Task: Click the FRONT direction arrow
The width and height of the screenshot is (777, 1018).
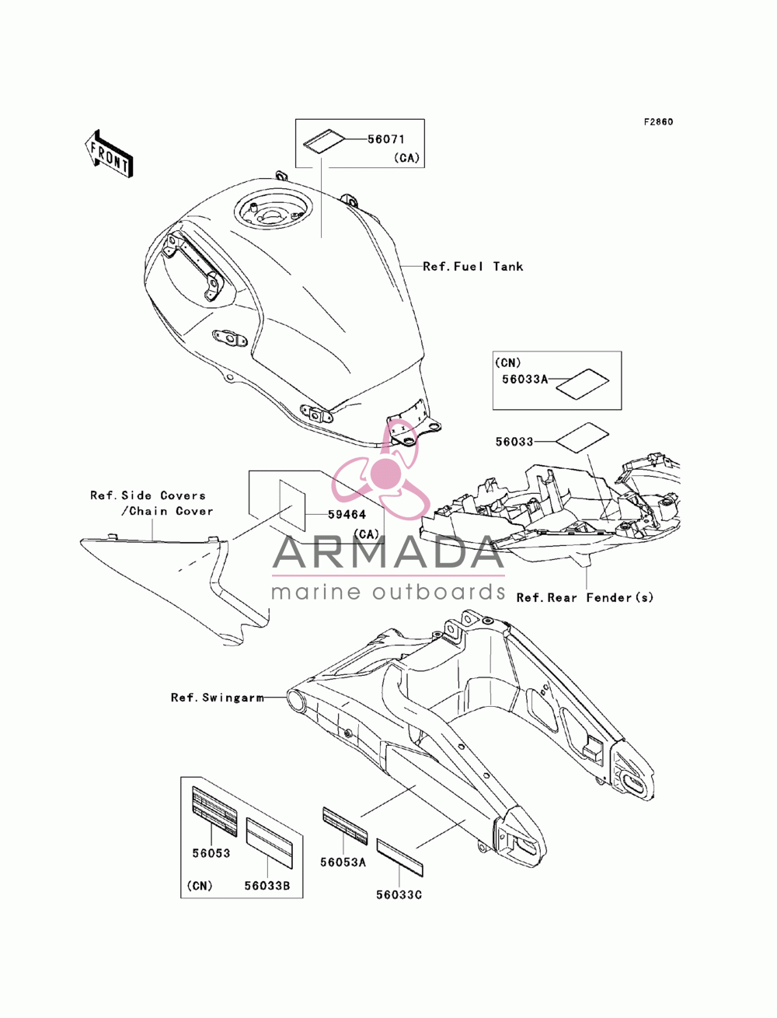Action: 109,153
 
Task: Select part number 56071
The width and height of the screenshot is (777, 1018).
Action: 386,139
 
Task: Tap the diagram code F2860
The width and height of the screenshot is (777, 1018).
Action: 658,122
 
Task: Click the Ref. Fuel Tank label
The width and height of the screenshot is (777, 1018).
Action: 473,267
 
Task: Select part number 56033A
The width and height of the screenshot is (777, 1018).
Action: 525,380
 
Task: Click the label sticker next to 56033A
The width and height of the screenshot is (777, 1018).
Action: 582,383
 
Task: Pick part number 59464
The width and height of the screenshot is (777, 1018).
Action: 347,514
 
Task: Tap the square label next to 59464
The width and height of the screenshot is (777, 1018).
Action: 292,505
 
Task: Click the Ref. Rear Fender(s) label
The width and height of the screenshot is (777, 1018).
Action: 585,598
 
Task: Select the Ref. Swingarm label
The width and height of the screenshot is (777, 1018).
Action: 218,711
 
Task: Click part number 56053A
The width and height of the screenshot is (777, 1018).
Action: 343,862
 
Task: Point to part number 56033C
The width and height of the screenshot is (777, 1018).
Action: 399,894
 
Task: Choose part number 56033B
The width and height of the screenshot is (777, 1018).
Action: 267,885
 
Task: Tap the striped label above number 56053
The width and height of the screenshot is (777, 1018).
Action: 214,811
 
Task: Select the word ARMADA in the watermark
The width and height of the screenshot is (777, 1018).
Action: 388,552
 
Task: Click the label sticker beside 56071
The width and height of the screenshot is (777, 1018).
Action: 324,141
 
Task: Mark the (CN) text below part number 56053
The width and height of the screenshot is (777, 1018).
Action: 200,885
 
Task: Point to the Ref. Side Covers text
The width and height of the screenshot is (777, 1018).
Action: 148,496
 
